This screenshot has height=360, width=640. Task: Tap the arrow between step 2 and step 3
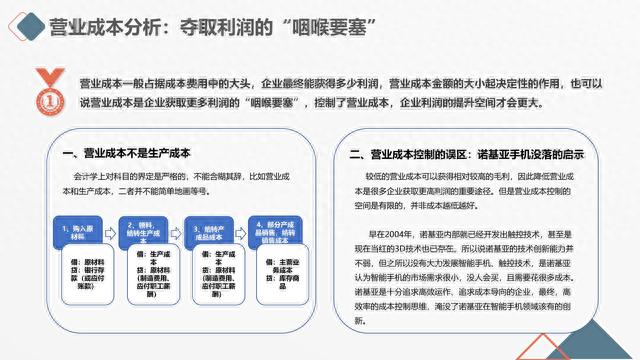point(172,228)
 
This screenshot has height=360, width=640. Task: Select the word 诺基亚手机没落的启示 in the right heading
point(531,155)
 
